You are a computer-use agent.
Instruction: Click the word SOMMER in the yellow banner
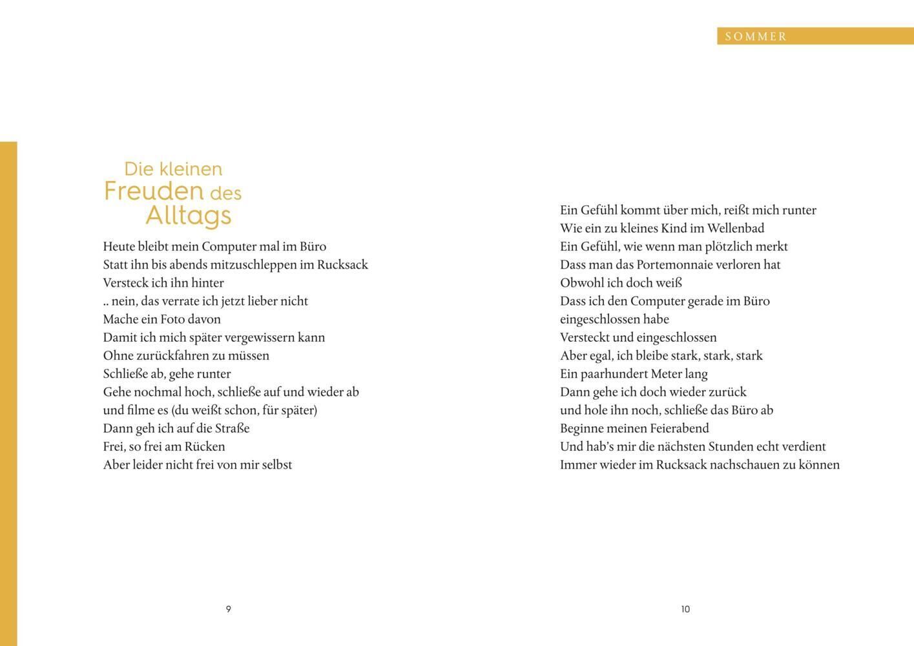click(x=756, y=37)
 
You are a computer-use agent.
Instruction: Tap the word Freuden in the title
click(x=154, y=191)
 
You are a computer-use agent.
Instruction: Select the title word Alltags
click(x=188, y=215)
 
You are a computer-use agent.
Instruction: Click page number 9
click(x=228, y=609)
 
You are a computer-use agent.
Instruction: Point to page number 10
click(x=685, y=609)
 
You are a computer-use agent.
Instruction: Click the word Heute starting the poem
click(x=119, y=247)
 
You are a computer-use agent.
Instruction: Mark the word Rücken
click(x=205, y=446)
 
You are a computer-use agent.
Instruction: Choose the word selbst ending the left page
click(x=277, y=464)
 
